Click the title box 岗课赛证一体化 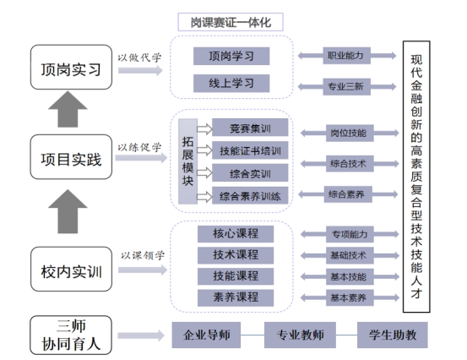(x=231, y=22)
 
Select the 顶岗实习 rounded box (x=71, y=68)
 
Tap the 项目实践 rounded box (x=71, y=157)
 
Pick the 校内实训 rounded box (x=71, y=269)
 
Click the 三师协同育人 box (x=71, y=335)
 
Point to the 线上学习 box (x=231, y=83)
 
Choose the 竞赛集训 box (x=250, y=128)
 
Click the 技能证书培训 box (x=250, y=150)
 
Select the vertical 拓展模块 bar (x=187, y=161)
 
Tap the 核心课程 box (x=236, y=234)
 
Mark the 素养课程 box (x=236, y=297)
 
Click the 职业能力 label (x=347, y=56)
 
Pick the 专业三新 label (x=347, y=87)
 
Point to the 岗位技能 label (x=350, y=133)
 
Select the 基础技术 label (x=350, y=255)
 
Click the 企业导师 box (x=206, y=335)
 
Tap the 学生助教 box (x=393, y=335)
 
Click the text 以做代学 (x=139, y=57)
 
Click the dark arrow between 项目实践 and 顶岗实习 (x=68, y=109)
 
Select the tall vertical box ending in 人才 (x=416, y=177)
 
